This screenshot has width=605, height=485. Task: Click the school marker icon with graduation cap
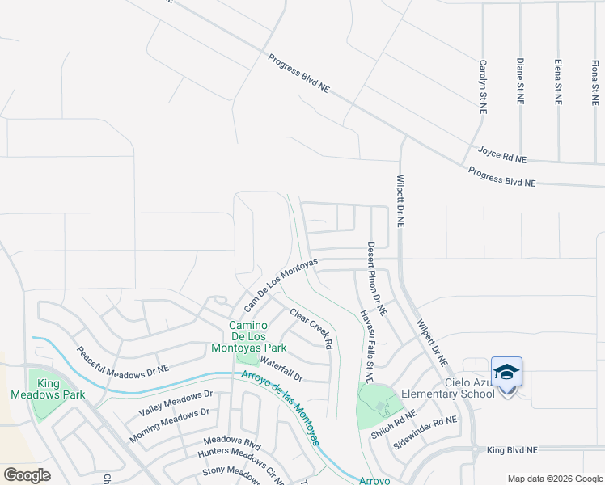click(x=506, y=373)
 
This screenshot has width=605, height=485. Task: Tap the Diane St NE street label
click(x=520, y=81)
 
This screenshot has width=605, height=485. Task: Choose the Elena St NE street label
click(x=558, y=82)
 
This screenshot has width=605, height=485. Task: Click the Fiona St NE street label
click(x=595, y=82)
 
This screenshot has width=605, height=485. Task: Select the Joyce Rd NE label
click(x=501, y=154)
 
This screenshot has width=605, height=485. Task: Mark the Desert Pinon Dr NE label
click(x=377, y=279)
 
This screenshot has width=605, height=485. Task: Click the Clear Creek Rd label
click(x=311, y=328)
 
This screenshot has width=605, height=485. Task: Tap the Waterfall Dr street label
click(x=281, y=371)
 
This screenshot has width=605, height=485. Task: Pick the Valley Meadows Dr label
click(x=176, y=403)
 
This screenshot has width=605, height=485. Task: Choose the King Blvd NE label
click(x=514, y=449)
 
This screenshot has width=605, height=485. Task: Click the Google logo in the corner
click(x=27, y=474)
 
